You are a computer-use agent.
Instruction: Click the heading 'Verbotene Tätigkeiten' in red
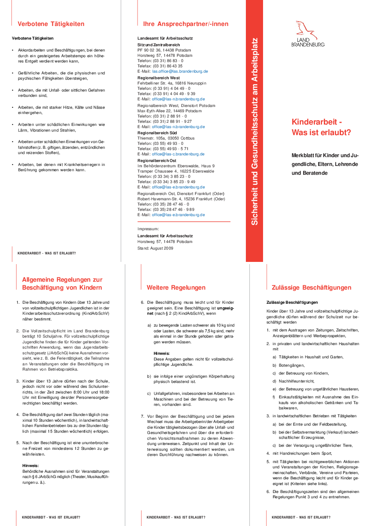click(x=51, y=24)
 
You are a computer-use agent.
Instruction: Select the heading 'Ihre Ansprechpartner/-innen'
click(x=186, y=24)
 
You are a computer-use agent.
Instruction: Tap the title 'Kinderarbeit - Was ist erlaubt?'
click(x=321, y=127)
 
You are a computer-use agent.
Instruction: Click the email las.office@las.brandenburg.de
click(x=180, y=71)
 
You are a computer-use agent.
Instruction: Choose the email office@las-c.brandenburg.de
click(x=178, y=154)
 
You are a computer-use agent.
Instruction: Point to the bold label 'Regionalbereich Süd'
click(x=157, y=132)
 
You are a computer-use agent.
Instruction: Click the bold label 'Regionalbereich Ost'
click(x=157, y=161)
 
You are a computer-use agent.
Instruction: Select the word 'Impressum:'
click(x=148, y=229)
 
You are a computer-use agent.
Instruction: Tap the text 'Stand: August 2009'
click(x=155, y=248)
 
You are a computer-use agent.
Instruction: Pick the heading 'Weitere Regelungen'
click(x=176, y=287)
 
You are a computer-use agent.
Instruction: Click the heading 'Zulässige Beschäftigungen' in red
click(x=312, y=287)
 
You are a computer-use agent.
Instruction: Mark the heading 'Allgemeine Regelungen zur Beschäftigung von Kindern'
click(x=62, y=283)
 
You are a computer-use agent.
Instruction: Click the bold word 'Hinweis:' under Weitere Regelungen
click(x=162, y=353)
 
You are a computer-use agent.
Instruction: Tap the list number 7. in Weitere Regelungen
click(x=142, y=416)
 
